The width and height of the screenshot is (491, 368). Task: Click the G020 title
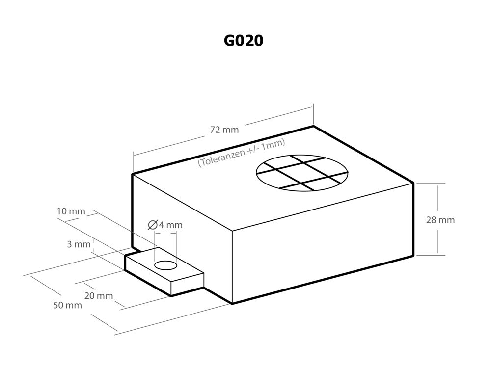click(x=244, y=41)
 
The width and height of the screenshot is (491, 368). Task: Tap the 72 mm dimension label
click(x=224, y=130)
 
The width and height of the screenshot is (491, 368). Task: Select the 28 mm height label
click(x=440, y=220)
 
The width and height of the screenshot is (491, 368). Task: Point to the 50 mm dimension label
click(x=68, y=305)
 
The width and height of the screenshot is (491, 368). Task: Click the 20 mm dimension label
click(x=99, y=296)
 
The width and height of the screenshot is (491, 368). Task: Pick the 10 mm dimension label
click(x=71, y=211)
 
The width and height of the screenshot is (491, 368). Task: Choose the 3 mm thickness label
click(x=79, y=244)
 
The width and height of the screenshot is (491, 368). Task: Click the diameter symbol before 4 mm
click(x=153, y=225)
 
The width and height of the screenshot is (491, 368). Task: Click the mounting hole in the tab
click(x=165, y=265)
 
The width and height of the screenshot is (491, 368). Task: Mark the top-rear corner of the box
click(x=313, y=126)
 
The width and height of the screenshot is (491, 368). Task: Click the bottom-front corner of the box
click(x=232, y=304)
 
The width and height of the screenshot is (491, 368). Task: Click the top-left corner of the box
click(x=133, y=174)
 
